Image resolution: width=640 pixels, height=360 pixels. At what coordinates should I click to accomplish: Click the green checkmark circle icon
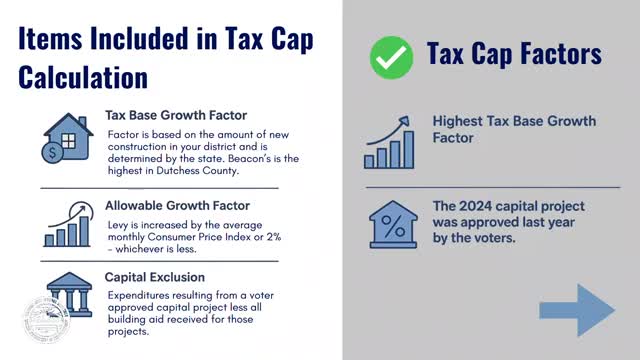click(x=391, y=58)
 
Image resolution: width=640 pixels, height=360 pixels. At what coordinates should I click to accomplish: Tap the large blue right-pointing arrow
click(x=577, y=309)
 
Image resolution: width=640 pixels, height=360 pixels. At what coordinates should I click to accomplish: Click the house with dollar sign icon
click(x=65, y=137)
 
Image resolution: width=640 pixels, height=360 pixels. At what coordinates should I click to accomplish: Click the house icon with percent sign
click(x=393, y=224)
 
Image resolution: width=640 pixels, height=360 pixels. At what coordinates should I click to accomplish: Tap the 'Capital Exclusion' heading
click(x=155, y=275)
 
